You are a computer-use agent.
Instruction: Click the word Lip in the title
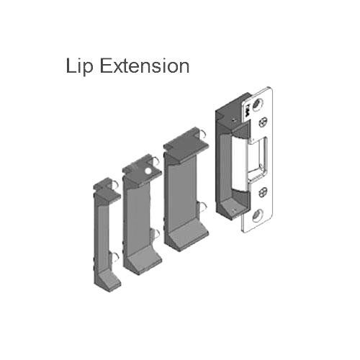pos(79,66)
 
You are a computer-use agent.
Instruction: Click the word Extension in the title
pos(145,66)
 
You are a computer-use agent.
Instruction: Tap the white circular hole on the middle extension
pos(148,171)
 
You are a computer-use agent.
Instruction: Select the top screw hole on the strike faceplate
pos(257,104)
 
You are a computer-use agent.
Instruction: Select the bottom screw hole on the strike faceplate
pos(257,215)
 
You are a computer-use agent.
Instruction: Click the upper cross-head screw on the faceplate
pos(263,122)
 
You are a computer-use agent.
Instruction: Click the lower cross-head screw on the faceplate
pos(264,192)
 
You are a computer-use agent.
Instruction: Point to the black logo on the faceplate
pos(248,110)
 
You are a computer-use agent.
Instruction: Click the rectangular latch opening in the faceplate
pos(261,154)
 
